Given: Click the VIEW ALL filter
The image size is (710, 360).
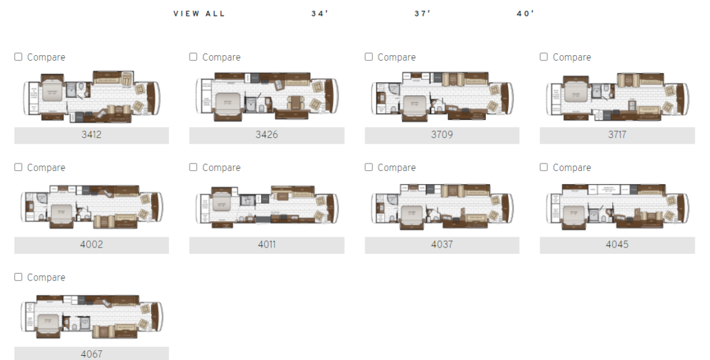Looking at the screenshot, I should pyautogui.click(x=199, y=13).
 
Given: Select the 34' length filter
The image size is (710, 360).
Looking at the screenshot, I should pyautogui.click(x=320, y=13).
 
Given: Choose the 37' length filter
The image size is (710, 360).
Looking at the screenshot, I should pyautogui.click(x=423, y=13).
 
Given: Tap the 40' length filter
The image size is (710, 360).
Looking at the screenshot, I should pyautogui.click(x=525, y=13).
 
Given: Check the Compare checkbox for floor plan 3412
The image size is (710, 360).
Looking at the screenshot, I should pyautogui.click(x=19, y=57).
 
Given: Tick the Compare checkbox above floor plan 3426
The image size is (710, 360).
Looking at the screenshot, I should pyautogui.click(x=194, y=57).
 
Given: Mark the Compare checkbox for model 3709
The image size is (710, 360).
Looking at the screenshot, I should pyautogui.click(x=369, y=57).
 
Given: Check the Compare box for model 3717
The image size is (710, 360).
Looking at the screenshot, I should pyautogui.click(x=544, y=57).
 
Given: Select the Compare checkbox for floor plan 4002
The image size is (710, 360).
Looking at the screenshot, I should pyautogui.click(x=19, y=168).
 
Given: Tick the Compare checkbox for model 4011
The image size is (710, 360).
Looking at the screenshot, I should pyautogui.click(x=194, y=168).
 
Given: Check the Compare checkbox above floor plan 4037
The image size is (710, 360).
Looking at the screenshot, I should pyautogui.click(x=369, y=168).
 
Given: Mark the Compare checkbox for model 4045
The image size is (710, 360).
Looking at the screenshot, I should pyautogui.click(x=544, y=168).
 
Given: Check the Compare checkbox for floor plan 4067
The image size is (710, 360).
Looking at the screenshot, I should pyautogui.click(x=19, y=277).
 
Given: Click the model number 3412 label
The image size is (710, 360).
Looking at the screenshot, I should pyautogui.click(x=91, y=135).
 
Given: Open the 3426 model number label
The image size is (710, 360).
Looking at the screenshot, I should pyautogui.click(x=267, y=135).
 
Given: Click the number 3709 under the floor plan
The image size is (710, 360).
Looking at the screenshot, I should pyautogui.click(x=442, y=135).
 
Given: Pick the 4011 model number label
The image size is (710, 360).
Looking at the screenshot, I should pyautogui.click(x=267, y=245).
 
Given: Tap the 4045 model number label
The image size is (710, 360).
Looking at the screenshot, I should pyautogui.click(x=617, y=245).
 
